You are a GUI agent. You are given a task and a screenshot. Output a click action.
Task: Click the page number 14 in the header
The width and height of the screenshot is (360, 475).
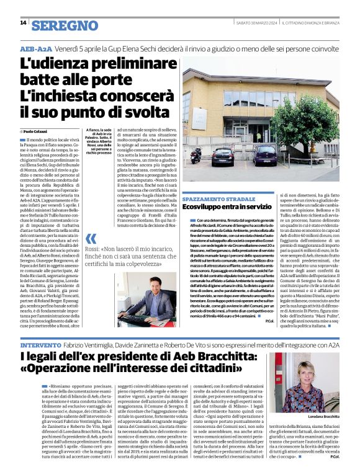tap(22, 23)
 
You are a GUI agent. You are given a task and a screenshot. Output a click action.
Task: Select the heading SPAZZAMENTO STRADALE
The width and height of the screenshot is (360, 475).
tap(219, 198)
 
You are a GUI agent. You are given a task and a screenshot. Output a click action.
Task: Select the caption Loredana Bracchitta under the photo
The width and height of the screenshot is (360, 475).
tap(323, 417)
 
